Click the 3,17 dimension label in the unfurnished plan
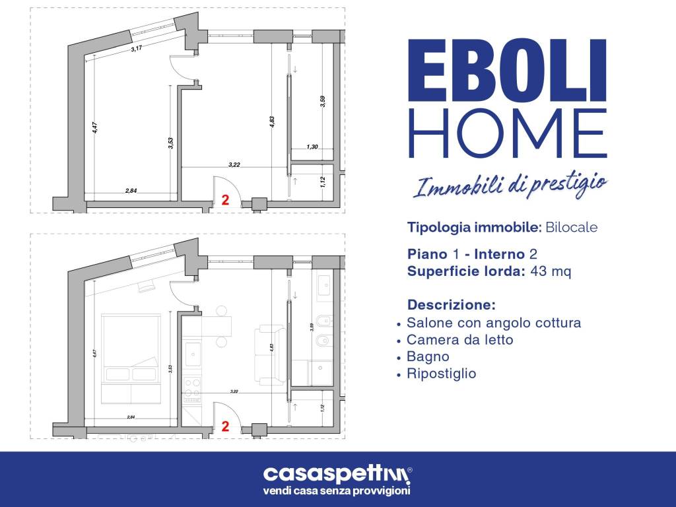(137, 48)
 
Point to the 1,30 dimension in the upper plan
(312, 147)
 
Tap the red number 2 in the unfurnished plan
(225, 200)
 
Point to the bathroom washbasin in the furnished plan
(325, 285)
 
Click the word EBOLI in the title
(506, 70)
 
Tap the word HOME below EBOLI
(506, 134)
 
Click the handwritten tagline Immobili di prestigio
(509, 186)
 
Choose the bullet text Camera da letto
(459, 340)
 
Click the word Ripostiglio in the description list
(441, 374)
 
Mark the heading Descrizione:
(451, 306)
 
